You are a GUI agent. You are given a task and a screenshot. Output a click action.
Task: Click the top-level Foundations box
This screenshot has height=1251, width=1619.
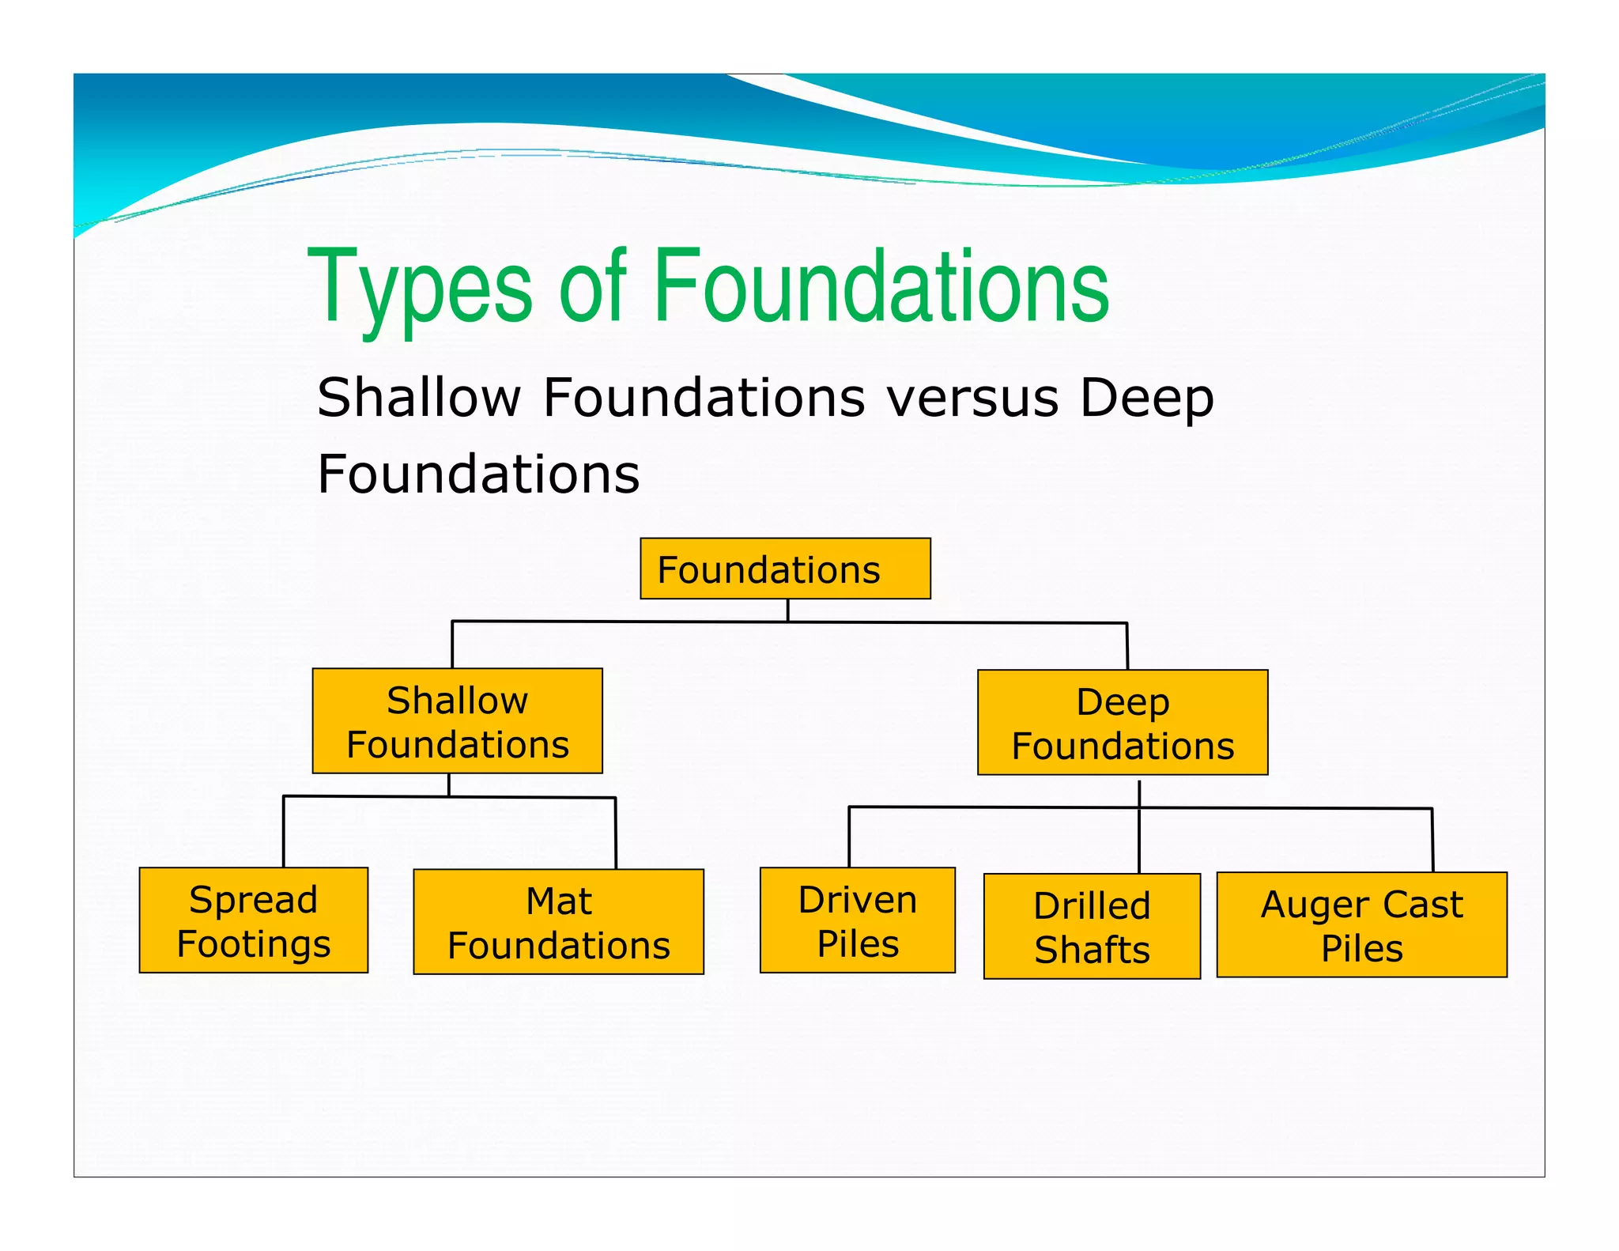pos(784,569)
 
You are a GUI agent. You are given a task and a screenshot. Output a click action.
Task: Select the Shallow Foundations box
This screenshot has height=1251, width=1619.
pos(457,720)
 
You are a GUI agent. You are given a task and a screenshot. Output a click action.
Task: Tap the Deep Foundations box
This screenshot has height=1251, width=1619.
pos(1122,722)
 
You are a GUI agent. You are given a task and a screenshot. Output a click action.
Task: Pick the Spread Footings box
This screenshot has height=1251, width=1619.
pos(253,920)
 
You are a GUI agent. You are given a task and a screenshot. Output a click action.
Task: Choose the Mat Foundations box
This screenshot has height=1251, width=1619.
pos(558,921)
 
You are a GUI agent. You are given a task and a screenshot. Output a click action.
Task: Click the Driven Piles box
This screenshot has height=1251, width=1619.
pos(857,920)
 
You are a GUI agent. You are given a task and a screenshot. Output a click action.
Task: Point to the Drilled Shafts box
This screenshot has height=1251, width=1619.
pos(1091,926)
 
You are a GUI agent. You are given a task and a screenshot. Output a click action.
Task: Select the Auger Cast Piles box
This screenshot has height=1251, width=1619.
pos(1361,924)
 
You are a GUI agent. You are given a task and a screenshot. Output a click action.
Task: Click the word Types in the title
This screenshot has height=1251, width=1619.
pos(420,288)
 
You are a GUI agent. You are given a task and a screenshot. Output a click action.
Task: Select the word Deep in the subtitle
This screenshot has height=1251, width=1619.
pos(1146,399)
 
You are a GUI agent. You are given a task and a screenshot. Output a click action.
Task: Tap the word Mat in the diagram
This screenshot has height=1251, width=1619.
pos(558,901)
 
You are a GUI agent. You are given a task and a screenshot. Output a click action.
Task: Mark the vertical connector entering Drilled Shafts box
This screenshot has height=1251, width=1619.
pos(1139,842)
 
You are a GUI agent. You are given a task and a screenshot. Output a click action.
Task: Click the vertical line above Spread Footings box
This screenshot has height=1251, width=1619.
pos(284,832)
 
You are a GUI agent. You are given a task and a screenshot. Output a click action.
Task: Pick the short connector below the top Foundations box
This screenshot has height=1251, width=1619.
pos(787,610)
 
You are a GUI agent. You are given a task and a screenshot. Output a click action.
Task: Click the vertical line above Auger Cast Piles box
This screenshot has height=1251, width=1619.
pos(1432,840)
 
